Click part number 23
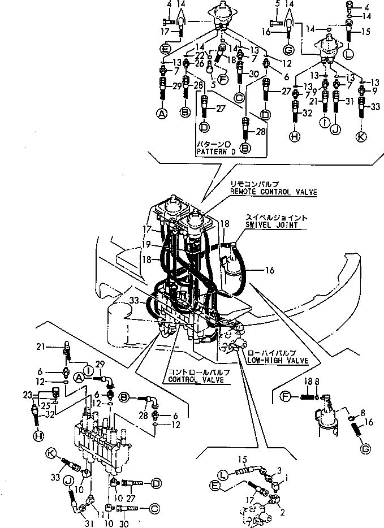27,395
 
